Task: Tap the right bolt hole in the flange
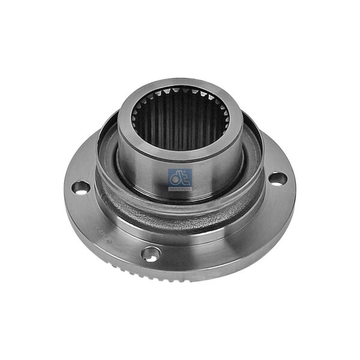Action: (276, 178)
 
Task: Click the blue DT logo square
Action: (180, 179)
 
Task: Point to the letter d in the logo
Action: (176, 178)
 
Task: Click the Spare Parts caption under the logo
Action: (180, 188)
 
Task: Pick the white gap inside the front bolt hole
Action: (154, 254)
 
